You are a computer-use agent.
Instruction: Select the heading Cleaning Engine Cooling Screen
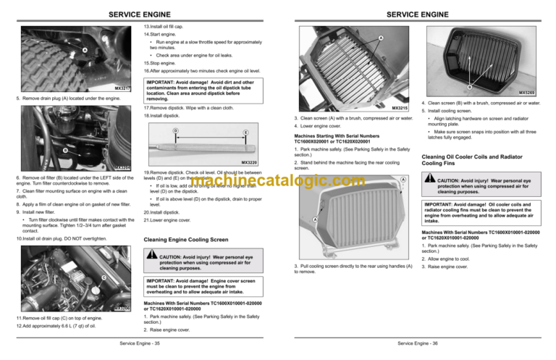coord(192,239)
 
